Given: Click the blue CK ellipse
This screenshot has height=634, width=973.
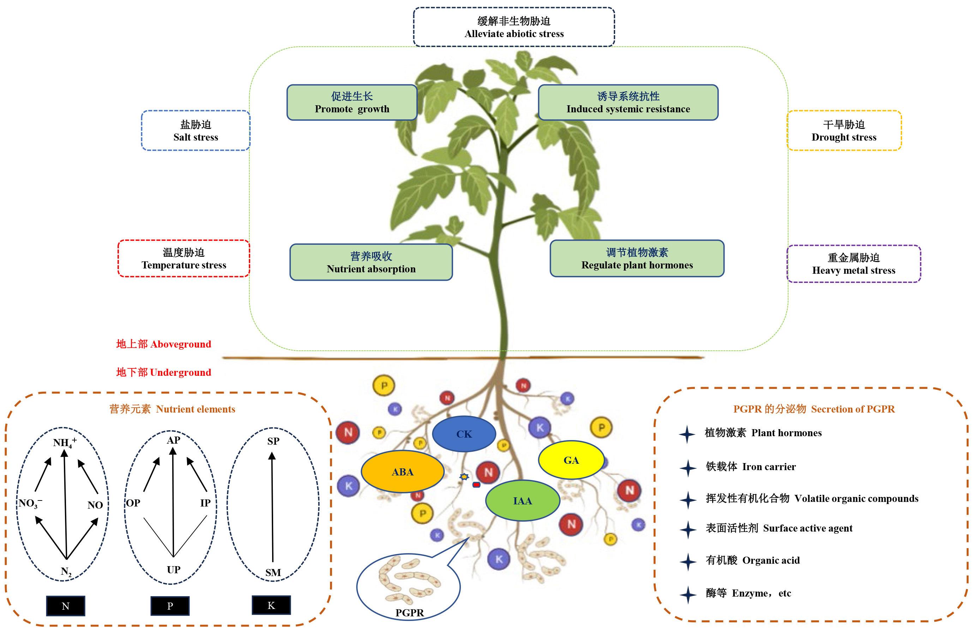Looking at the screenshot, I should (464, 434).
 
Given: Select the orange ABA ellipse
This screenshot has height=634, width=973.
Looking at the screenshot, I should (403, 472).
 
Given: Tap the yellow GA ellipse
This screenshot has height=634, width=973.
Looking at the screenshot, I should (571, 460).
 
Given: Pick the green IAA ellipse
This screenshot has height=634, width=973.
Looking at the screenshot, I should (522, 500).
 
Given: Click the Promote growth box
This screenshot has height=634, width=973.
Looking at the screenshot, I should (352, 102).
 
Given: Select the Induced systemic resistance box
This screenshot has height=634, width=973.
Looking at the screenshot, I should (628, 102).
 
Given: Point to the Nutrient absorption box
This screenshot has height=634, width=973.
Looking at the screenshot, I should (371, 262).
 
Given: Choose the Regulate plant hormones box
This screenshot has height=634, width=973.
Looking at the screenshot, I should (637, 259).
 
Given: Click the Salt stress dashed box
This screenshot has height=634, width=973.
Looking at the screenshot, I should (196, 130).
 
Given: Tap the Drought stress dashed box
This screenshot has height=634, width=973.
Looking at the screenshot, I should (844, 130).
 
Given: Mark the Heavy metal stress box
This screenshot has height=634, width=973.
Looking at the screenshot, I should (854, 264).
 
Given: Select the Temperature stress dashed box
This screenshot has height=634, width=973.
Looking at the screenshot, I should (184, 259).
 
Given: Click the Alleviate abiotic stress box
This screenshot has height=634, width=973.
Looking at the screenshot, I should (514, 27).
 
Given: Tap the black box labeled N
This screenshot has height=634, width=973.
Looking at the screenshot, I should (65, 606).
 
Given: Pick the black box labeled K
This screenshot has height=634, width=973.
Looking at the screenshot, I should (271, 605).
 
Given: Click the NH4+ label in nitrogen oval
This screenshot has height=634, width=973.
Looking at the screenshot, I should (65, 443).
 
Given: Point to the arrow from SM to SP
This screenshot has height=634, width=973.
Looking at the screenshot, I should (272, 507).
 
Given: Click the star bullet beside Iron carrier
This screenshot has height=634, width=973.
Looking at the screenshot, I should (688, 468).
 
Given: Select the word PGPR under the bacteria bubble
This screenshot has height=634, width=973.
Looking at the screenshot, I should (410, 613).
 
